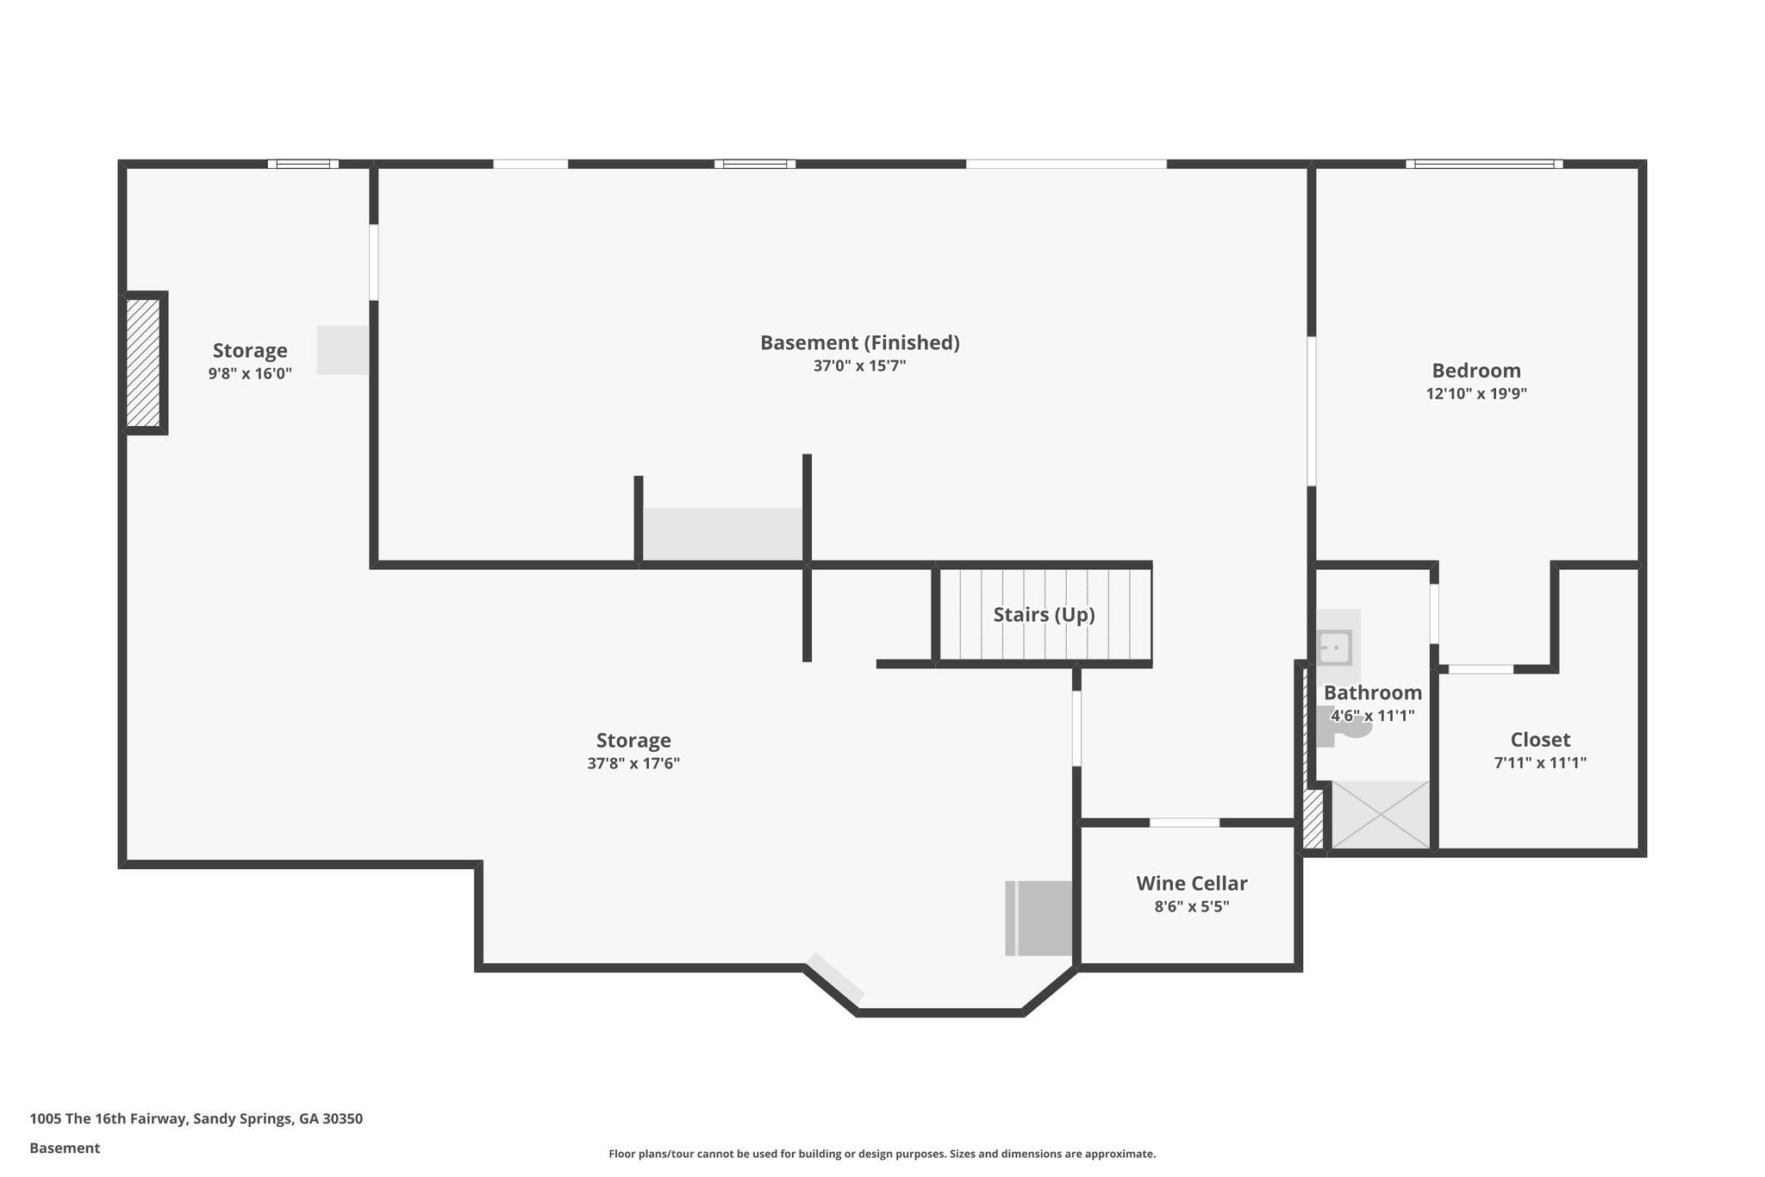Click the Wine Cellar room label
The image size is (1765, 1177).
(x=1191, y=883)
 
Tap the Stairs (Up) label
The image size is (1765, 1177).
(x=1044, y=615)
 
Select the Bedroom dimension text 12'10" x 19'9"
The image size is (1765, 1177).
(x=1476, y=394)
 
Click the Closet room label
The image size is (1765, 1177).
(x=1539, y=740)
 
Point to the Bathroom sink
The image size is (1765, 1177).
(x=1335, y=648)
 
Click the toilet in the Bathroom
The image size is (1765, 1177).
(x=1349, y=727)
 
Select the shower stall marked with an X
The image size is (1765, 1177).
(x=1381, y=815)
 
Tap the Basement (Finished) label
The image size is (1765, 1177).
(x=859, y=343)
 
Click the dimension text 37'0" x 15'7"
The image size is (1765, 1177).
(x=859, y=366)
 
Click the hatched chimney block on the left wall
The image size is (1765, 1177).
(x=143, y=363)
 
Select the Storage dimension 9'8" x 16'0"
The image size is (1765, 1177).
(x=250, y=373)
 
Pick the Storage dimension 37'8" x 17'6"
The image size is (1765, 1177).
(x=633, y=763)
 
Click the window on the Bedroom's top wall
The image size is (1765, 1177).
(x=1483, y=164)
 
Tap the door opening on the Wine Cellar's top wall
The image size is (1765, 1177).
(x=1184, y=823)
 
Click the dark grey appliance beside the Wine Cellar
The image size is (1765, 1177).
(x=1041, y=917)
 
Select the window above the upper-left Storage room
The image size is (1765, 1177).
(x=302, y=164)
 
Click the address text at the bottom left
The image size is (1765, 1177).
(x=196, y=1119)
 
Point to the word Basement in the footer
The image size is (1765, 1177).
(x=65, y=1149)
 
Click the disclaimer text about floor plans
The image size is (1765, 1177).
(x=882, y=1154)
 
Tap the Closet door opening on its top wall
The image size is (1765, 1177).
(x=1481, y=669)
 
